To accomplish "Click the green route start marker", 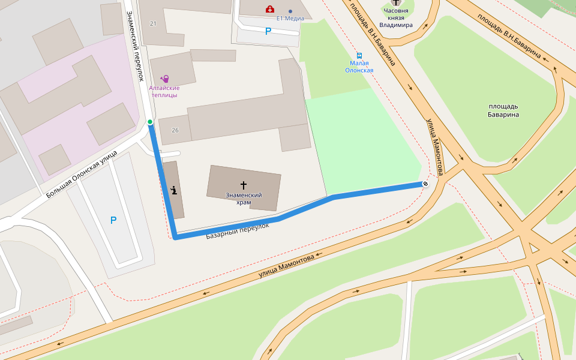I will coord(150,122).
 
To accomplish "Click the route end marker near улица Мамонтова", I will coord(425,184).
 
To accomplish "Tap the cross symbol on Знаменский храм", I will coord(244,185).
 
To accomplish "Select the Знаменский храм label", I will coord(244,199).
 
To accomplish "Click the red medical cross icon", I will coord(270,9).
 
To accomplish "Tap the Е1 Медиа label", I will coord(290,18).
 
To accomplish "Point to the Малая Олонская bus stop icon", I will coord(359,55).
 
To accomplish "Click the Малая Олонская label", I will coord(359,67).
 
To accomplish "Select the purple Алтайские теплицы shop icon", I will coord(164,79).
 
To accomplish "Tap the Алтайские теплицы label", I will coord(164,91).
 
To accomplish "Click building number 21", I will coord(153,23).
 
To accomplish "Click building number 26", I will coord(175,130).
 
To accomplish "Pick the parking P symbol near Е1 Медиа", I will coord(268,31).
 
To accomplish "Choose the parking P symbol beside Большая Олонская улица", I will coord(113,221).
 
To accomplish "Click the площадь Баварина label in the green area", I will coord(503,110).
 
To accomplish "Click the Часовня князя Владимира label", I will coord(395,18).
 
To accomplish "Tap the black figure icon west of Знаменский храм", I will coord(173,191).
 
